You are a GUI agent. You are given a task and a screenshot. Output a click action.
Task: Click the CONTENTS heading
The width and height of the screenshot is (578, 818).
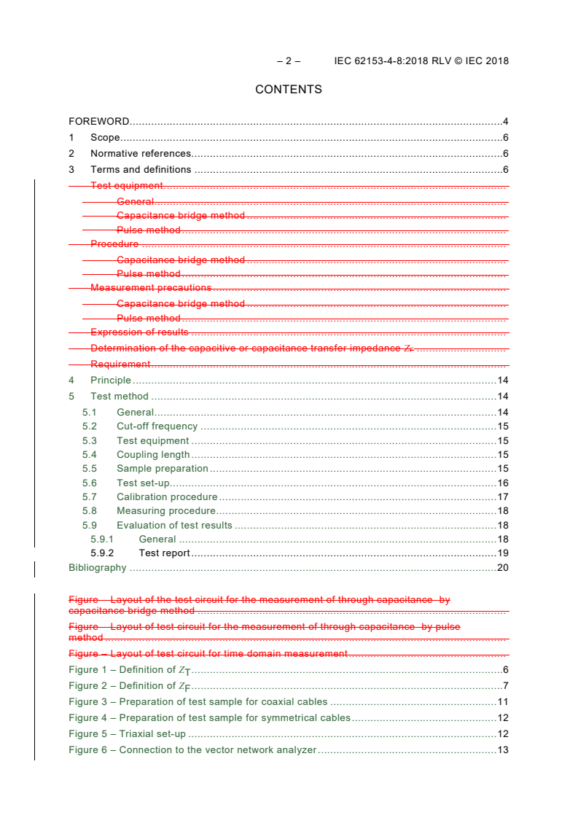[288, 90]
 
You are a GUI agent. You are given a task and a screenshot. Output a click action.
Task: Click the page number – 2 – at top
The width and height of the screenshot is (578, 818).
[289, 61]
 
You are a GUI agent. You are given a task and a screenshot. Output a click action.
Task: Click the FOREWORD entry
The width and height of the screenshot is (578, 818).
[99, 121]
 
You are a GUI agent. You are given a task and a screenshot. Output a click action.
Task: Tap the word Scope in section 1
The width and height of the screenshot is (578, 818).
[105, 138]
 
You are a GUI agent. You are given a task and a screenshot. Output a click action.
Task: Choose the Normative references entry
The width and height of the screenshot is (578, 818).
[141, 154]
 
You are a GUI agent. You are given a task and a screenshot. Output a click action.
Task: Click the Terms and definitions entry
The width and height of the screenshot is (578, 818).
[141, 170]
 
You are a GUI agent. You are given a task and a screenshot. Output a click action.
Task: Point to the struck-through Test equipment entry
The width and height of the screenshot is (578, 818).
[126, 186]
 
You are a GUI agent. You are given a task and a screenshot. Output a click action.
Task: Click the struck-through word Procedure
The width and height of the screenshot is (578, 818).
[114, 244]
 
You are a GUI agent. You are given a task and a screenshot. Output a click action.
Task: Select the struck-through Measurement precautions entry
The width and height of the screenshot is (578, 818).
[151, 288]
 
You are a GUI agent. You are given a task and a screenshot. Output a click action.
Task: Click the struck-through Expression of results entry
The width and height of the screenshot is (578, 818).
[139, 332]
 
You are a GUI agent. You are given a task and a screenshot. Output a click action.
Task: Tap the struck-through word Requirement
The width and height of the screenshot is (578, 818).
[120, 364]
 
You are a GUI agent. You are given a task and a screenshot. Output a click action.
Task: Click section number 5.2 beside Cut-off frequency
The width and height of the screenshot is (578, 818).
[89, 426]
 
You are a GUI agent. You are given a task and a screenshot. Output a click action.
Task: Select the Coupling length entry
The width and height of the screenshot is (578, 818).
[153, 455]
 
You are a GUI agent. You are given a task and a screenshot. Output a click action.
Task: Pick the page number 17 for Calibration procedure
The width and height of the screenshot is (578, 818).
[502, 497]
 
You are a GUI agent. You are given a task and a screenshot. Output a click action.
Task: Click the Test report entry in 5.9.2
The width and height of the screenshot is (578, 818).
[164, 553]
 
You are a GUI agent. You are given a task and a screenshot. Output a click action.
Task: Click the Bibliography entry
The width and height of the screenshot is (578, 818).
[97, 568]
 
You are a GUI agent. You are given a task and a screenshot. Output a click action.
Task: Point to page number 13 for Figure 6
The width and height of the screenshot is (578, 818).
[502, 750]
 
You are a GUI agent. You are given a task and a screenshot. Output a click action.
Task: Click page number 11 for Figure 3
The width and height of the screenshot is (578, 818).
[502, 702]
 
